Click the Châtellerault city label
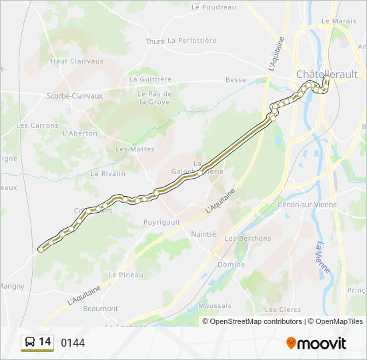[327, 74]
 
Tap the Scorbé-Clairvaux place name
[75, 96]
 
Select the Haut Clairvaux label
[77, 61]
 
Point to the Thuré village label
[155, 41]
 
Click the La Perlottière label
[192, 41]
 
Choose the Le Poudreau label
[214, 7]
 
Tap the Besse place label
[236, 80]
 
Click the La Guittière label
[151, 79]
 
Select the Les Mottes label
[135, 149]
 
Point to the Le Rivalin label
[108, 173]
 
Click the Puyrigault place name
[162, 222]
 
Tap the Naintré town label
[204, 234]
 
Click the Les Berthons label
[248, 239]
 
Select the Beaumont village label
[101, 309]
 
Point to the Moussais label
[215, 306]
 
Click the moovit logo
[316, 343]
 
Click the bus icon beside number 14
[30, 343]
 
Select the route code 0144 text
[73, 343]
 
